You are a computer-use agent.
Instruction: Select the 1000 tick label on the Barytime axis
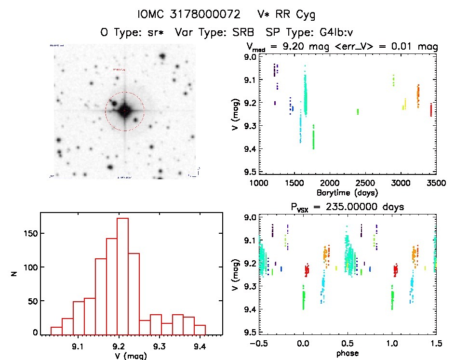(259, 184)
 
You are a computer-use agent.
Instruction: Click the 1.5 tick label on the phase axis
(435, 344)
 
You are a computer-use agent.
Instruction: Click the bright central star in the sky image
(125, 110)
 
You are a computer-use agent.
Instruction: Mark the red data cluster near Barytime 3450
(431, 109)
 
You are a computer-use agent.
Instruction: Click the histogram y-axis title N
(14, 274)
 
